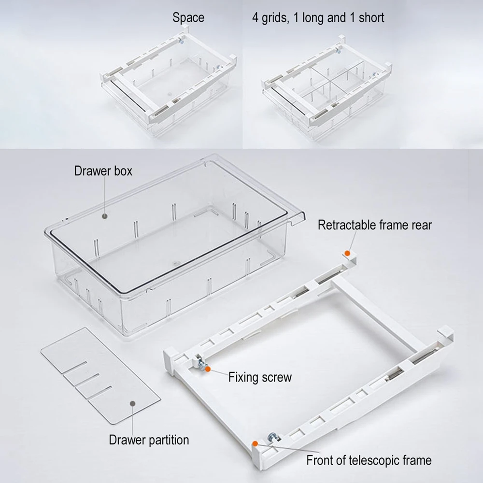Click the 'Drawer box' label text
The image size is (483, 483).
click(x=103, y=171)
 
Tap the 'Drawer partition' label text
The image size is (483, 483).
click(x=149, y=440)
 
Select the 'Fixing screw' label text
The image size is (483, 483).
click(x=260, y=377)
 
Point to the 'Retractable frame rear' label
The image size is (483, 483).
click(x=375, y=225)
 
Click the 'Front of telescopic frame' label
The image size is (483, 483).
click(x=369, y=460)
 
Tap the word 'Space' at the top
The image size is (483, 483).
click(x=188, y=17)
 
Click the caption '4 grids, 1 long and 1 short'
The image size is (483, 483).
click(x=318, y=17)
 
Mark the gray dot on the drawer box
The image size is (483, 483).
click(x=105, y=216)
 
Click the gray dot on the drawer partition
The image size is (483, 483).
click(x=133, y=403)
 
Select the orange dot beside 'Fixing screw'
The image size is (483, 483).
click(x=208, y=369)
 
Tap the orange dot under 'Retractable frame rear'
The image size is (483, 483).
click(x=347, y=253)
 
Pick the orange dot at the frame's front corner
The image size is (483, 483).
click(x=255, y=443)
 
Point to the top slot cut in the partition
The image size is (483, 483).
click(x=74, y=368)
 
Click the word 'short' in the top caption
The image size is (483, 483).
click(x=371, y=17)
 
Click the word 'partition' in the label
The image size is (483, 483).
click(x=169, y=440)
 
